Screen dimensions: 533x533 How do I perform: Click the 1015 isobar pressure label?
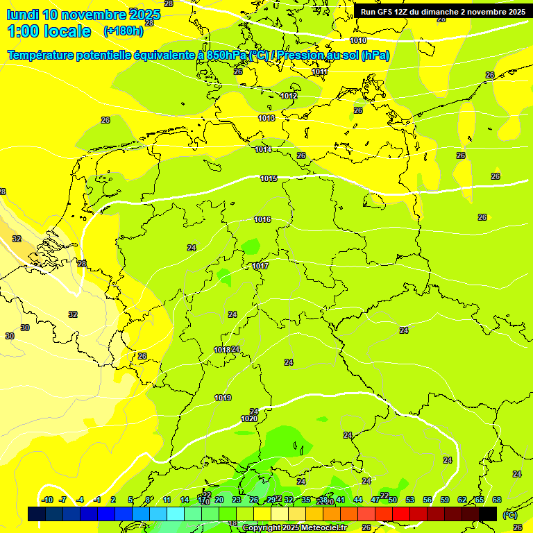(269, 179)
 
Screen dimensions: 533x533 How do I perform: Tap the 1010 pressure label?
(358, 41)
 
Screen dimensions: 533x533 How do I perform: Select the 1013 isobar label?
(266, 119)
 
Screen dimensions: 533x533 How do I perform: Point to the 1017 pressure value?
(260, 266)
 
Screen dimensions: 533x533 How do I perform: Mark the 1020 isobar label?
(249, 418)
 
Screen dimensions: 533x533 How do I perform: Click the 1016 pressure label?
(262, 220)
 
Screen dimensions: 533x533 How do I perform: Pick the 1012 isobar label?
(289, 96)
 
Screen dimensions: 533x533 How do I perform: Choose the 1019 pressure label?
(223, 398)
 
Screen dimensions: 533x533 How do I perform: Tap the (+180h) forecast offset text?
(123, 31)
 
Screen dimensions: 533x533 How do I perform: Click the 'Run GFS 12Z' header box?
(442, 11)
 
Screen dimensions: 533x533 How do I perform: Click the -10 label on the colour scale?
(47, 500)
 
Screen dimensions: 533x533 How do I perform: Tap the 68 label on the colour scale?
(497, 500)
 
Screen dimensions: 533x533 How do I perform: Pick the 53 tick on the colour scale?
(409, 500)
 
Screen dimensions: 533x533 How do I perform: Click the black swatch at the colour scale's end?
(488, 514)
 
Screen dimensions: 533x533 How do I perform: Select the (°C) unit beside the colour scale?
(509, 514)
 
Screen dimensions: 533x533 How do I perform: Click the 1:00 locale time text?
(49, 31)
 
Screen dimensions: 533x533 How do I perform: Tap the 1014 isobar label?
(263, 149)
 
